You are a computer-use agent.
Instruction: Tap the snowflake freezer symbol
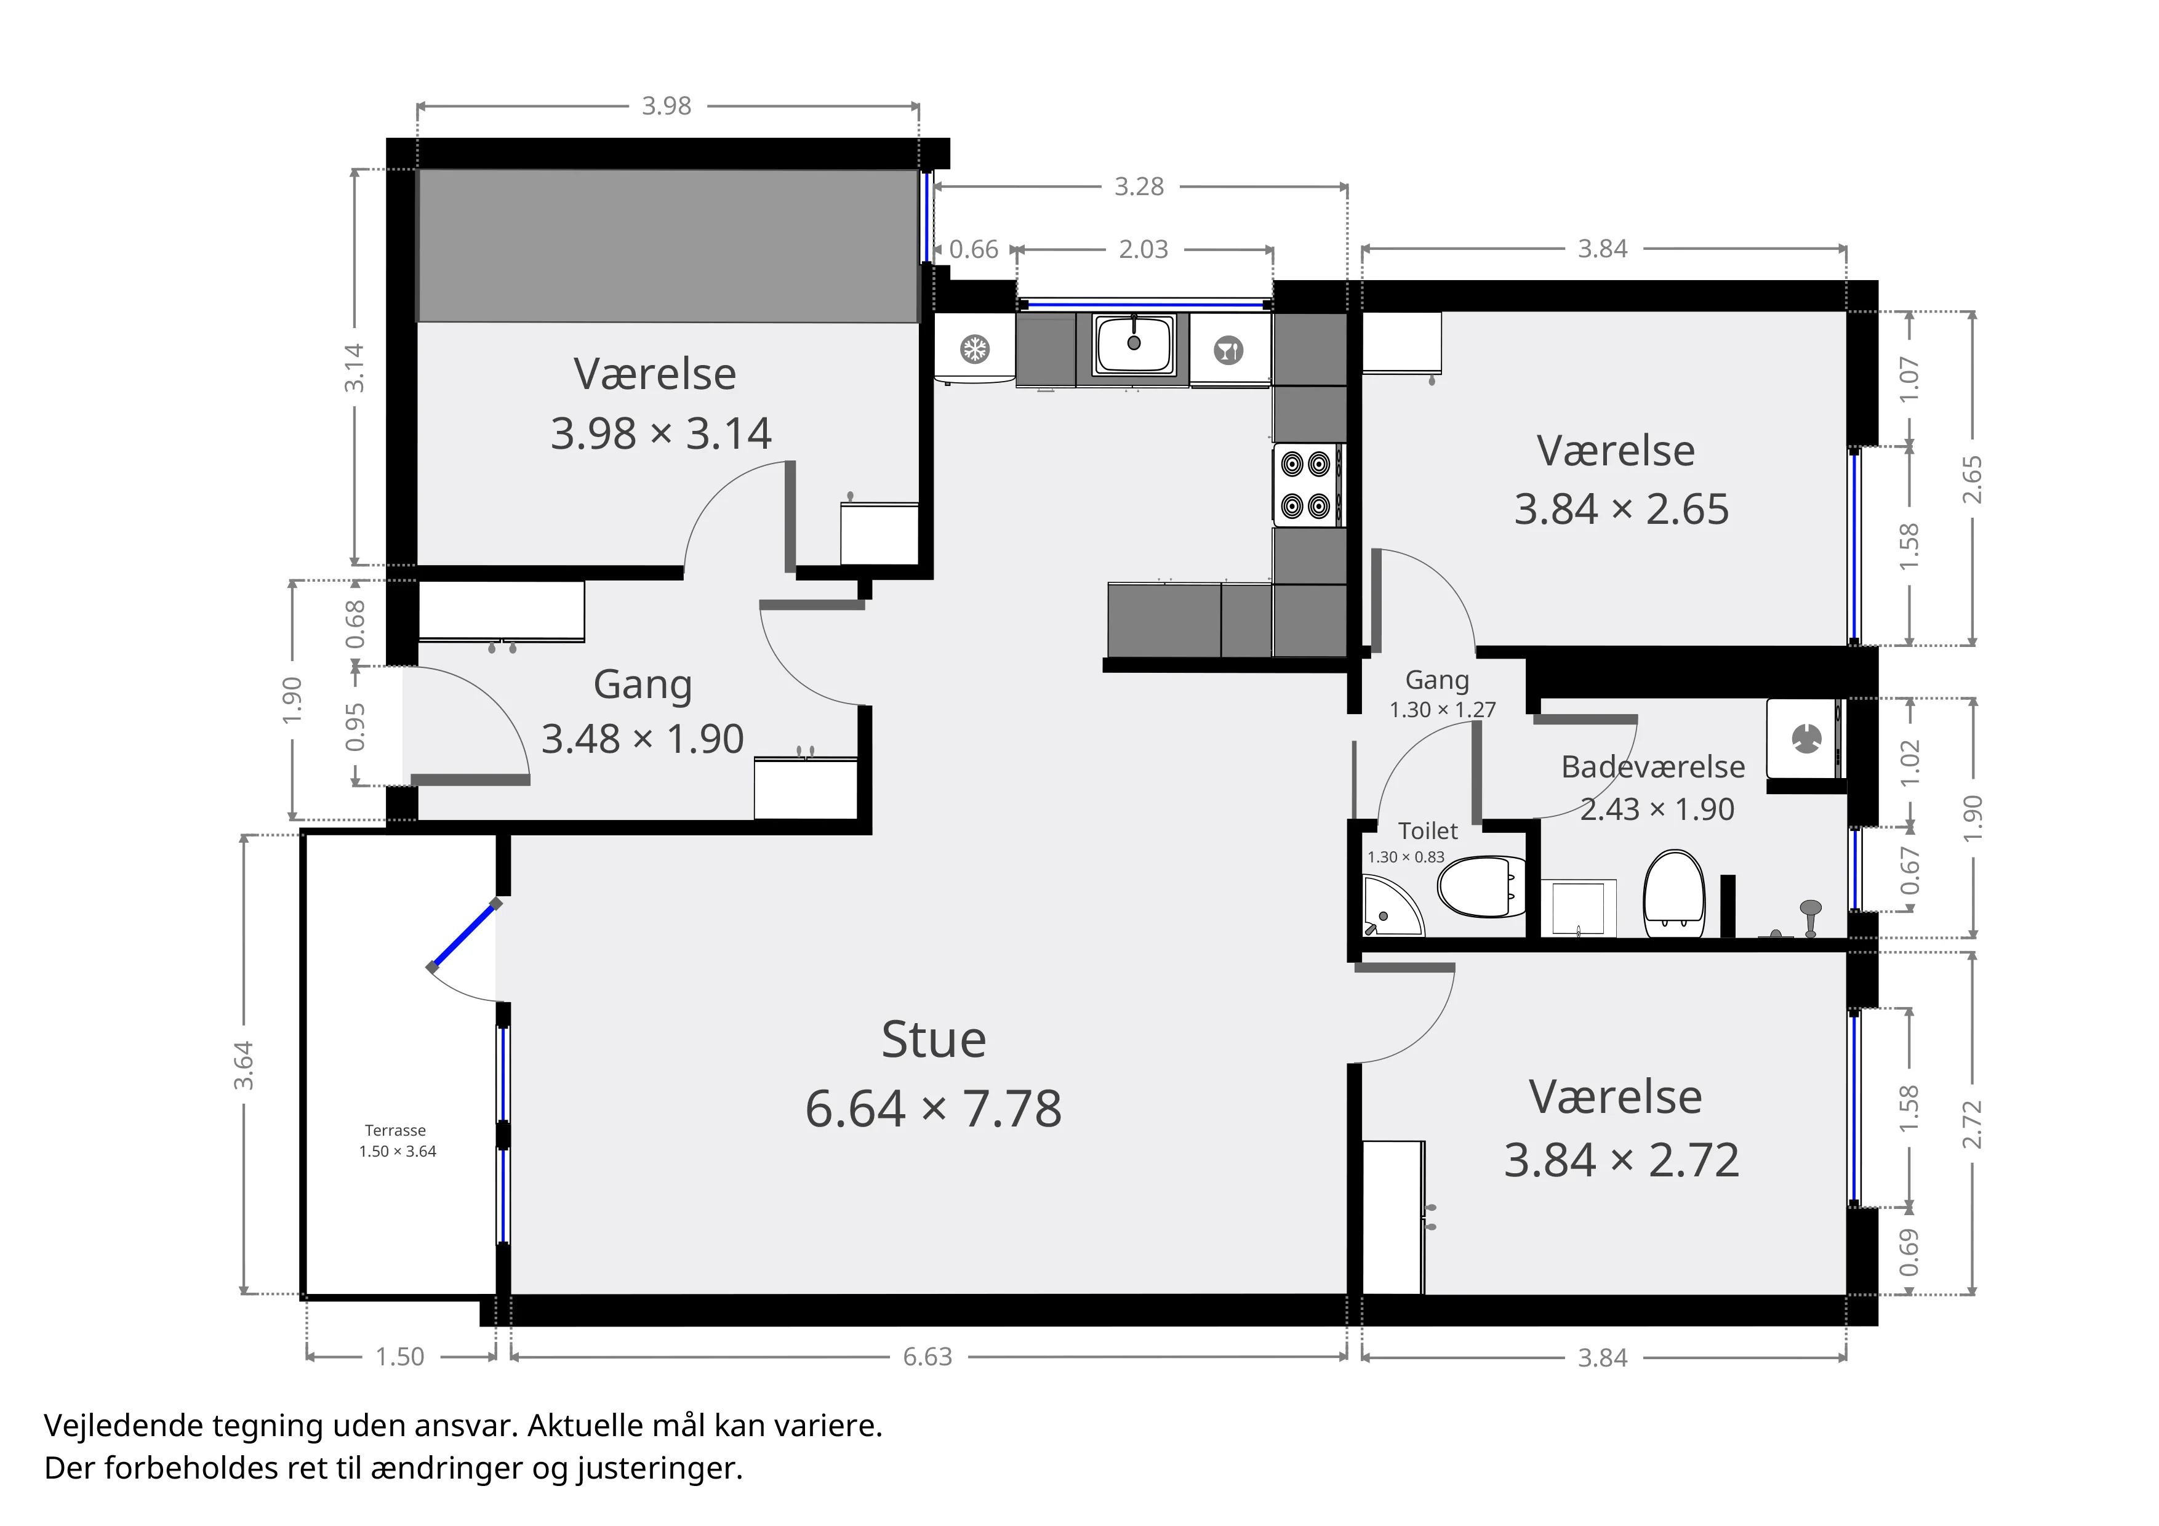(x=974, y=350)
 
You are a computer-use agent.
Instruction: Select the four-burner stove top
(x=1307, y=485)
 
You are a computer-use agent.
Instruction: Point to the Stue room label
(x=934, y=1039)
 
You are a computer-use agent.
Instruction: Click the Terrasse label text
(x=396, y=1130)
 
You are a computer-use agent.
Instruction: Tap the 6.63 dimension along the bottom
(x=928, y=1357)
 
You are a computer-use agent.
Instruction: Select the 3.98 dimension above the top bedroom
(x=667, y=106)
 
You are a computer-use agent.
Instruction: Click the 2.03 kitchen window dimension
(x=1144, y=249)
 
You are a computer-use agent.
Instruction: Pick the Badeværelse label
(x=1653, y=767)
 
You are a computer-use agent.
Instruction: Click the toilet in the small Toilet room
(x=1480, y=886)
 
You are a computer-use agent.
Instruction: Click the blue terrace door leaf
(x=463, y=936)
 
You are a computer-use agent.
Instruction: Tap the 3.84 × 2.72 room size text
(x=1621, y=1160)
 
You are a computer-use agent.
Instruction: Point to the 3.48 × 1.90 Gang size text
(x=643, y=739)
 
